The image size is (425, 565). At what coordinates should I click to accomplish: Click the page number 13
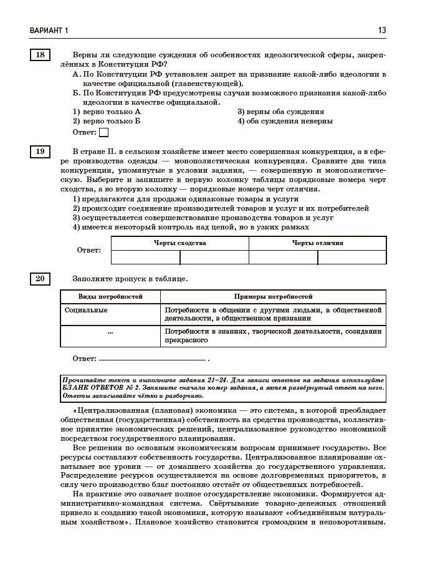point(381,30)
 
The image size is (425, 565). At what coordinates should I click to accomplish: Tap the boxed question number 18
point(40,55)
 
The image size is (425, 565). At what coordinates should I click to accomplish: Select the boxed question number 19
point(40,151)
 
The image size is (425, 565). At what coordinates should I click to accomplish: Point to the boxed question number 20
point(40,278)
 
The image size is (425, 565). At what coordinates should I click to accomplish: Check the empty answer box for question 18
point(104,132)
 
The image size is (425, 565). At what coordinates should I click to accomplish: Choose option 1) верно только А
point(107,112)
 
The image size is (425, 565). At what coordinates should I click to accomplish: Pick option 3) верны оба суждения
point(280,112)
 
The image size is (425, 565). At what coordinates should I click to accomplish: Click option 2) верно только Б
point(107,121)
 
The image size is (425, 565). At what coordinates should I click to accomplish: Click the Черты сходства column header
point(179,243)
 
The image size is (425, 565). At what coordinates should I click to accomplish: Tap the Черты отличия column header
point(317,243)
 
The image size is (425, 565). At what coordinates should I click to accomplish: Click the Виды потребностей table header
point(110,297)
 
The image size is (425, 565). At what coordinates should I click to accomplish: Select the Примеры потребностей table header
point(273,297)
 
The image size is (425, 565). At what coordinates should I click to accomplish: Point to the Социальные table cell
point(86,310)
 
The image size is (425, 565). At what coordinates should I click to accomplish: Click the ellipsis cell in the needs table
point(110,332)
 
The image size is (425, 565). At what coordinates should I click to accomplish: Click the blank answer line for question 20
point(152,359)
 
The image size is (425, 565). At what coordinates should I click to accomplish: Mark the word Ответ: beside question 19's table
point(88,250)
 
